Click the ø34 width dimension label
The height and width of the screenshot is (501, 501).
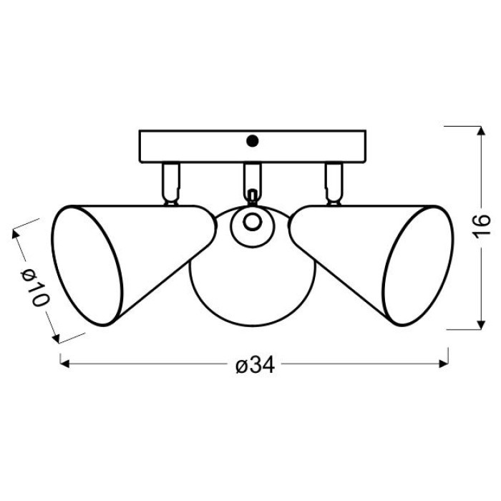point(255,364)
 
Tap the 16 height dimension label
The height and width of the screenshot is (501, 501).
point(481,226)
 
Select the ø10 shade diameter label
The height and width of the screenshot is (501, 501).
point(35,287)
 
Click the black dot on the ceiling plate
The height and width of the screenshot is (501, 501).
point(253,141)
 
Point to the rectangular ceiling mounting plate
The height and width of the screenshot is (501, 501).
point(253,146)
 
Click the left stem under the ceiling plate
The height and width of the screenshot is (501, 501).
point(171,184)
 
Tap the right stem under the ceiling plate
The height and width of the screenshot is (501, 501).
point(334,184)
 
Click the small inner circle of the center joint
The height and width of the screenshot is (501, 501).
point(253,222)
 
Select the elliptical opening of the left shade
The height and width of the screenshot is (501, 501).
point(87,266)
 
